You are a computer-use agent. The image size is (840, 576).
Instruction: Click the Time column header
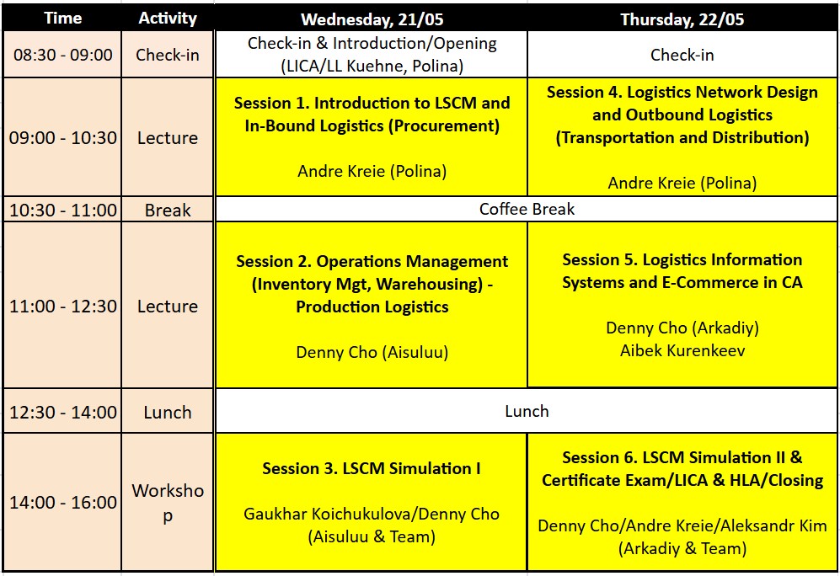(x=62, y=19)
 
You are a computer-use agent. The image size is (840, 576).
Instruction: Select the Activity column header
(x=168, y=19)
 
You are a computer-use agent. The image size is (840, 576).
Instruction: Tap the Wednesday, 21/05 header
(x=372, y=20)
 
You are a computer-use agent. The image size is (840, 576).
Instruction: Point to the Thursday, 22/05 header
(x=682, y=20)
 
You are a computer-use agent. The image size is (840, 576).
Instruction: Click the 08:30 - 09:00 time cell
(x=62, y=55)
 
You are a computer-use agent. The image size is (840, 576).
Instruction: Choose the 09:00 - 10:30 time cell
(x=62, y=137)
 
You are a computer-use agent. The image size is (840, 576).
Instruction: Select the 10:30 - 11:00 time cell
(x=62, y=210)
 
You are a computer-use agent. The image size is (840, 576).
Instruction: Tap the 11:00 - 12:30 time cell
(x=62, y=307)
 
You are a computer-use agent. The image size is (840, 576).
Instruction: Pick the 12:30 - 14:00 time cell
(x=62, y=412)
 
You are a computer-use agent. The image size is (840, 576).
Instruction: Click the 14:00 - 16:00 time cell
(x=62, y=503)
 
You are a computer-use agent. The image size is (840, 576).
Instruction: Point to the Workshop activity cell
(x=168, y=503)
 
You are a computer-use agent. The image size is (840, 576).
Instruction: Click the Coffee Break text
(x=527, y=209)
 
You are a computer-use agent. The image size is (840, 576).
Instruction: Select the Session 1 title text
(x=372, y=114)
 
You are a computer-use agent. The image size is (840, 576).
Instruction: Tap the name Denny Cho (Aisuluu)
(x=372, y=352)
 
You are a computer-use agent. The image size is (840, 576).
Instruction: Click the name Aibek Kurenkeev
(x=682, y=350)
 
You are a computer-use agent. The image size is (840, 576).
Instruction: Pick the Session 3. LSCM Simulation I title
(x=372, y=468)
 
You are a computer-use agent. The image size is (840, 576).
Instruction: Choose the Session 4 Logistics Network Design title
(x=682, y=115)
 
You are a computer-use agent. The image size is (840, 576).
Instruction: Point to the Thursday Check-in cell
(x=682, y=55)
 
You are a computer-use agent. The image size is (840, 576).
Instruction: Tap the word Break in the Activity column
(x=168, y=210)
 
